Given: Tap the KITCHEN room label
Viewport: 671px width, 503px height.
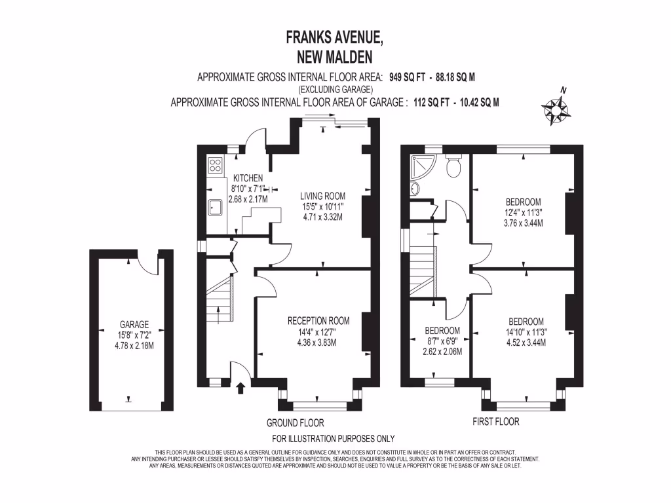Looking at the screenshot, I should (x=248, y=178).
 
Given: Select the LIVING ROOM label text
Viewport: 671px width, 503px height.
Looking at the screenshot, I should (x=322, y=196).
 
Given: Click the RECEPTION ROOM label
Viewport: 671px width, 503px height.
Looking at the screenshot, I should (x=318, y=321).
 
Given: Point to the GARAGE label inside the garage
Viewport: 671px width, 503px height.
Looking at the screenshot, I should (x=134, y=324).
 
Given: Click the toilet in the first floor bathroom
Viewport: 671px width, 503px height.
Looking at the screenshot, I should (x=453, y=166).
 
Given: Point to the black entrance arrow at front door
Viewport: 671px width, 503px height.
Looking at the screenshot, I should (x=240, y=388).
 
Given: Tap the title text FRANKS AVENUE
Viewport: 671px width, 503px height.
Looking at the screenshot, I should (x=335, y=38).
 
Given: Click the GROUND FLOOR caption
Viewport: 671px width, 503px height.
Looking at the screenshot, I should (x=296, y=423).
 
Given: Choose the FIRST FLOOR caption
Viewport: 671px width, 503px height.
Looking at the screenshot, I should (x=496, y=422).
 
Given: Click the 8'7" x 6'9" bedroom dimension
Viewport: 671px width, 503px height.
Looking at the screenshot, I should (x=442, y=341).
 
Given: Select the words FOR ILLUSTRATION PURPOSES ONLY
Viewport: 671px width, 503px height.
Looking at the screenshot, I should (x=333, y=439).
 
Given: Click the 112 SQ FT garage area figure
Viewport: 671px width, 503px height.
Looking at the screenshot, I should (x=429, y=102).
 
